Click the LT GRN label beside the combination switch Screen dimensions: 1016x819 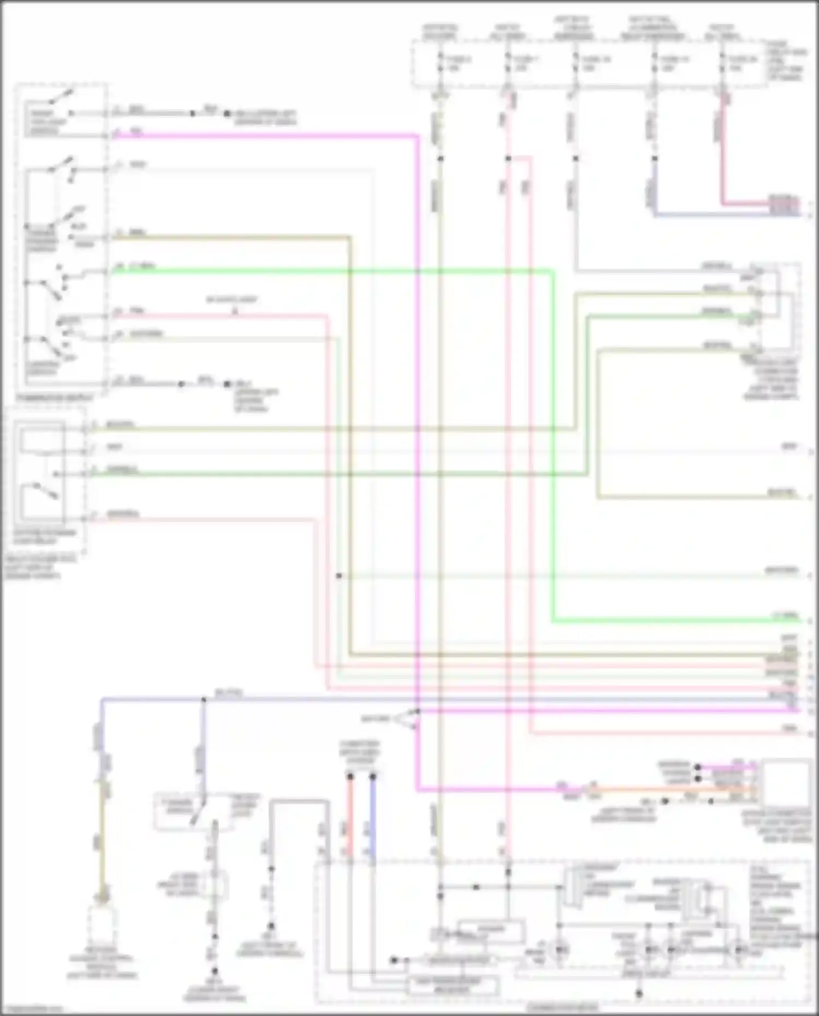(143, 267)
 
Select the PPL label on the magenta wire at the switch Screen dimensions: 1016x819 (136, 132)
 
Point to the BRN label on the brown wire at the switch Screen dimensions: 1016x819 (137, 233)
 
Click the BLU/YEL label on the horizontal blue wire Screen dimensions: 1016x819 (229, 693)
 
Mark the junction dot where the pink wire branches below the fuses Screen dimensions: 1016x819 (508, 158)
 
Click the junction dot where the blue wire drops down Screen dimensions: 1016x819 (204, 699)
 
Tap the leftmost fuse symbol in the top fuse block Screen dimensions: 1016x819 (441, 63)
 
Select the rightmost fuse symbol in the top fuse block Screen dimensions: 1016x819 (722, 63)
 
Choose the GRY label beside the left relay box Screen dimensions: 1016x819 (114, 448)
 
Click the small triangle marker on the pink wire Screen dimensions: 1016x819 (235, 312)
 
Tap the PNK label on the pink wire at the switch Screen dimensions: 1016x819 (136, 311)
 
